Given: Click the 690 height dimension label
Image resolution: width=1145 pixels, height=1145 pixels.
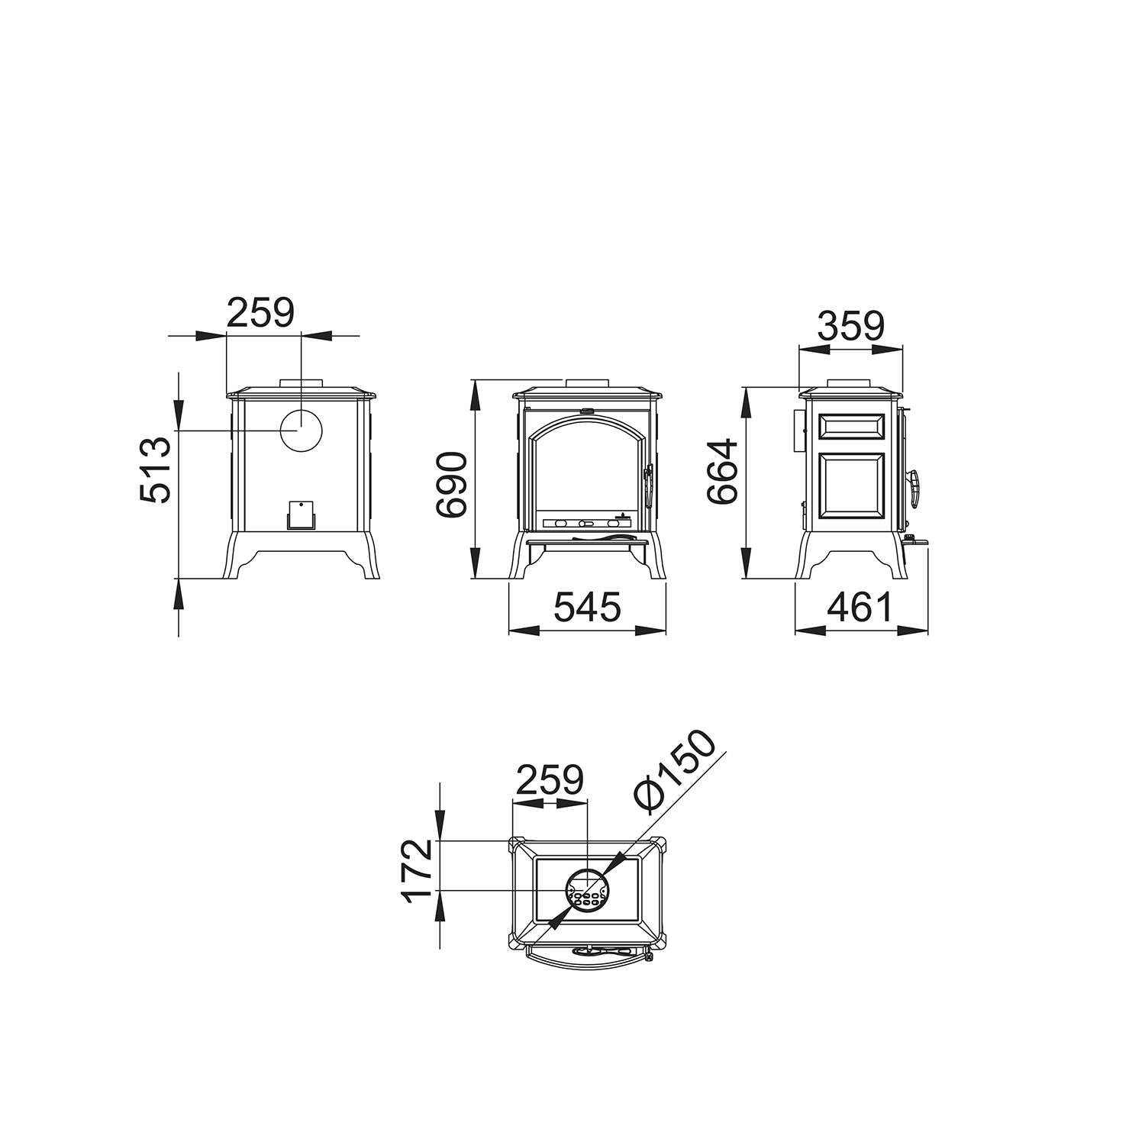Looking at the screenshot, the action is coord(450,484).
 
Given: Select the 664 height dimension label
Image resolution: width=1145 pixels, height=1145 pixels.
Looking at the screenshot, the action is coord(722,471).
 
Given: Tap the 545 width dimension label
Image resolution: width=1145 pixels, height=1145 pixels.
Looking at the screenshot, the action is coord(587,608).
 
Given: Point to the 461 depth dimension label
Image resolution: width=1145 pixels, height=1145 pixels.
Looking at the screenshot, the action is coord(859,608).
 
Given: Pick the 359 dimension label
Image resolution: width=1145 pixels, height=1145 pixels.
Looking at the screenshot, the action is coord(850,326).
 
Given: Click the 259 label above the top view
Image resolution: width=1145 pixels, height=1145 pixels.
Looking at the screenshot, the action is coord(550,780).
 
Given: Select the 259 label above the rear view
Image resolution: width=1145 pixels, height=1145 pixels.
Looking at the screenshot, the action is coord(260,313).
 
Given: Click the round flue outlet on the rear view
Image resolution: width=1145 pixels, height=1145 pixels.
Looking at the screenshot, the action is coord(301,431).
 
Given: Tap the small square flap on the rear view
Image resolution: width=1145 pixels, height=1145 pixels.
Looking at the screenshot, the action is coord(301,515).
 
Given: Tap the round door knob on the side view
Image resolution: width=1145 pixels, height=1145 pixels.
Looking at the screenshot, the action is coord(914,489).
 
